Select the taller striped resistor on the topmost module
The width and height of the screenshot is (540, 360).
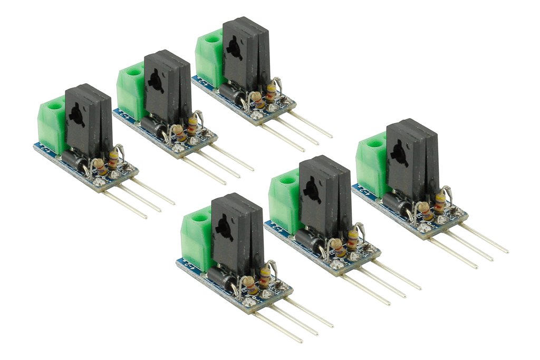271,93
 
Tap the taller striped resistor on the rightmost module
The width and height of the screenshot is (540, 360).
438,202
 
